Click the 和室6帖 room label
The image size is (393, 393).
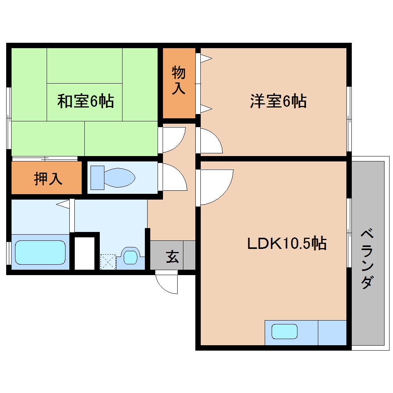point(85,101)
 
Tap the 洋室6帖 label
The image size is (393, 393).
point(278,101)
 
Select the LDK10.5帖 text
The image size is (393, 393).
point(287,244)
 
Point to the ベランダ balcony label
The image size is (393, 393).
point(368,259)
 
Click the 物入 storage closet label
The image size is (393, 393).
point(178,80)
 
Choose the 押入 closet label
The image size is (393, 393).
point(48,178)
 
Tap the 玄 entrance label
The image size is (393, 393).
point(172,256)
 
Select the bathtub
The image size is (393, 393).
point(40,252)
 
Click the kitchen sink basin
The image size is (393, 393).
point(284,332)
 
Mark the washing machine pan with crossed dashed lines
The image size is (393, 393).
point(108,262)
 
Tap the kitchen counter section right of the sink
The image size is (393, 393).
point(332,332)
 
